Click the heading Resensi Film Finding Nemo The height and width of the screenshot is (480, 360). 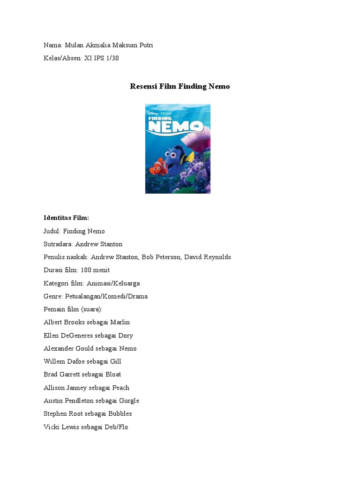point(180,86)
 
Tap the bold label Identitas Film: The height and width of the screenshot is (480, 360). point(66,218)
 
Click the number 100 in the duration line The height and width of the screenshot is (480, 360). point(86,270)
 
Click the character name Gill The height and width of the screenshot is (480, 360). point(116,361)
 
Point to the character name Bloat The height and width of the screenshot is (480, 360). point(113,375)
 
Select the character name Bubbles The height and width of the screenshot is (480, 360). point(120,413)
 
